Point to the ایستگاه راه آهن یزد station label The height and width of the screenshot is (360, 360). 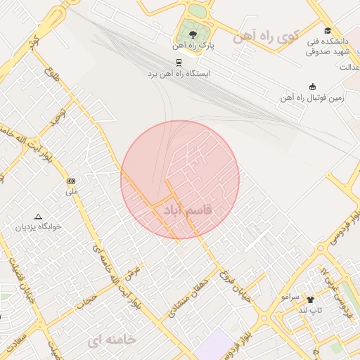179,73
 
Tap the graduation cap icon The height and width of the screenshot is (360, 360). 328,30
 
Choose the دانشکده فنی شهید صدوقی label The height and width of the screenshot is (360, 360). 328,46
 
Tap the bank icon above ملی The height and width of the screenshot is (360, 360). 72,181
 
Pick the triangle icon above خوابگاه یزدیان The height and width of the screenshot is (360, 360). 39,217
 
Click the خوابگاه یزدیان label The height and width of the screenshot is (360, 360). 39,227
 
